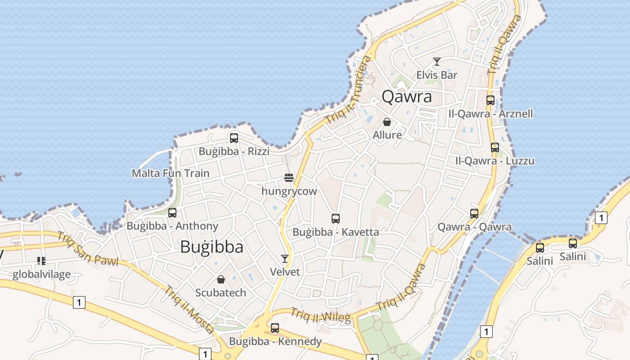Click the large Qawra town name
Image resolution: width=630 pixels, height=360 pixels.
[406, 97]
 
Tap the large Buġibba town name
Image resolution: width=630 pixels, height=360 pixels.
[211, 247]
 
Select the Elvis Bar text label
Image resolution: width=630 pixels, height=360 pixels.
[436, 75]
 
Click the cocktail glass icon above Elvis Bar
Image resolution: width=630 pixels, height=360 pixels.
[436, 62]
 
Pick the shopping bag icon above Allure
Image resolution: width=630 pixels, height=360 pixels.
[387, 122]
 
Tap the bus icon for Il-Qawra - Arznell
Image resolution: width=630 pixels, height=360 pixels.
[490, 100]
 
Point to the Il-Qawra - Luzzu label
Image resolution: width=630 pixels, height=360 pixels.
[495, 161]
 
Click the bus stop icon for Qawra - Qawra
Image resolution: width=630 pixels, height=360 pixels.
[474, 213]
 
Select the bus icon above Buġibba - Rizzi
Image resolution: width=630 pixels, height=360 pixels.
[234, 138]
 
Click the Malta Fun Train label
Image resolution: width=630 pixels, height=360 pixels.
[170, 173]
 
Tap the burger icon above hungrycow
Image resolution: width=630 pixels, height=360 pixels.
[289, 178]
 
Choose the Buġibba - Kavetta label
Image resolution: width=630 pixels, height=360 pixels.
[335, 232]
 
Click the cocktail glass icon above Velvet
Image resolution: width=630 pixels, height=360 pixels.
[284, 258]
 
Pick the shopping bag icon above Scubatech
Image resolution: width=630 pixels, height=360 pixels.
[220, 279]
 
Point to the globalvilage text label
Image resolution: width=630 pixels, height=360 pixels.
[41, 274]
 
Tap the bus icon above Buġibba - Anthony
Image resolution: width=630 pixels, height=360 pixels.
[172, 212]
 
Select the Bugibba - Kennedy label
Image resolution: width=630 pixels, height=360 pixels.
[275, 341]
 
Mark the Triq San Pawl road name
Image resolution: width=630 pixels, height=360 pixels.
[87, 249]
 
